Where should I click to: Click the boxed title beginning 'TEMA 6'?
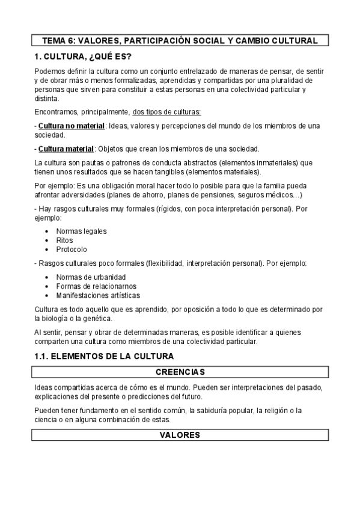(180, 41)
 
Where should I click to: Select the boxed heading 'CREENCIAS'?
(180, 371)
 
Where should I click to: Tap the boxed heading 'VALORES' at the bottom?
(180, 435)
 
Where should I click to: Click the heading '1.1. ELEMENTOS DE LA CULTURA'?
(104, 357)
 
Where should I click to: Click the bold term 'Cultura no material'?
(72, 126)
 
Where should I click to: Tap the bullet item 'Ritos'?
(65, 240)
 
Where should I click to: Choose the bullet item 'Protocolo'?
(72, 249)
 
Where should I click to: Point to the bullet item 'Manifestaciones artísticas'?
(98, 295)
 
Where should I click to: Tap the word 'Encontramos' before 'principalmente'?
(58, 112)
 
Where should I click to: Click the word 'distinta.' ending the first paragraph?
(47, 98)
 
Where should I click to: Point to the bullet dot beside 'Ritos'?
(47, 240)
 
